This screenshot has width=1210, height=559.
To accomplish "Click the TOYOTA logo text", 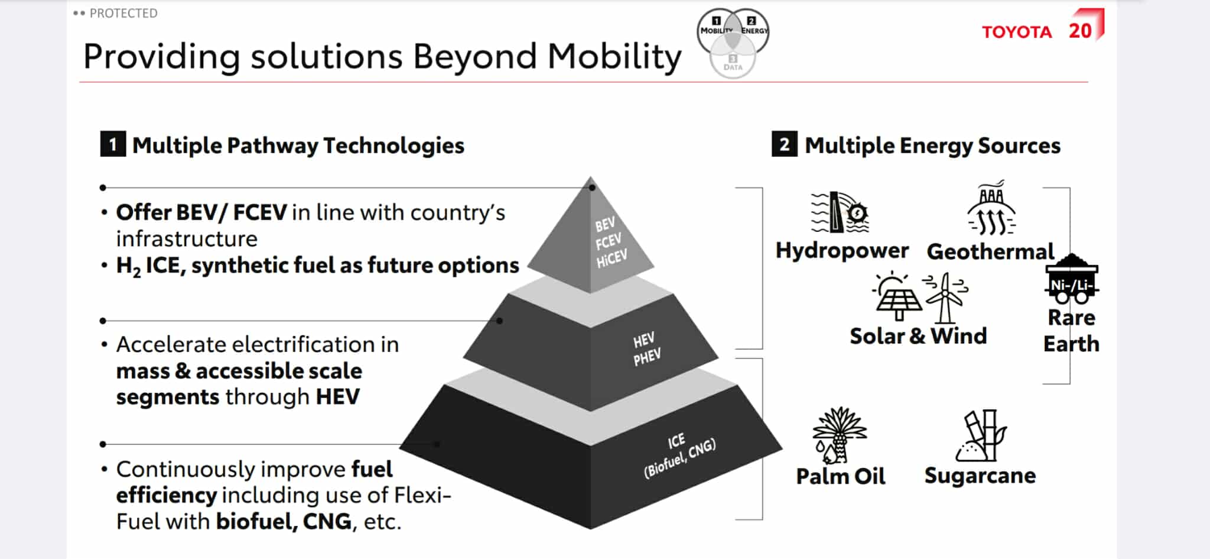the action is point(1017,32).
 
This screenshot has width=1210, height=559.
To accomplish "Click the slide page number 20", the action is point(1080,31).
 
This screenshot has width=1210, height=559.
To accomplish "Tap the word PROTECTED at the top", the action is point(123,13).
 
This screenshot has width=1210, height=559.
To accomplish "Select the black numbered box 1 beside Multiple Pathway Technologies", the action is point(113,144).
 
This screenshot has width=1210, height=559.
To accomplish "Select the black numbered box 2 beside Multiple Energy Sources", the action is point(784,144).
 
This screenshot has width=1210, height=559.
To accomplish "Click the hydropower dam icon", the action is point(840,212).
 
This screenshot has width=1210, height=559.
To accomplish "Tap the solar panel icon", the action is point(897,296).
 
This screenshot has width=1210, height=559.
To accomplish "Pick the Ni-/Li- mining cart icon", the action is point(1072,279).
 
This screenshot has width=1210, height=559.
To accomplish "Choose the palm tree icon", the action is point(840,435).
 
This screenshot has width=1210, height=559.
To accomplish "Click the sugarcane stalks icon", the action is point(981,435).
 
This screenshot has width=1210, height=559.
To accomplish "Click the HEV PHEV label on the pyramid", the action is point(646,349).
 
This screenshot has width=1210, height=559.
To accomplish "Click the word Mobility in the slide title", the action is point(614,57).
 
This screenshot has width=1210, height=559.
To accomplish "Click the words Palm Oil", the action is point(840,476).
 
